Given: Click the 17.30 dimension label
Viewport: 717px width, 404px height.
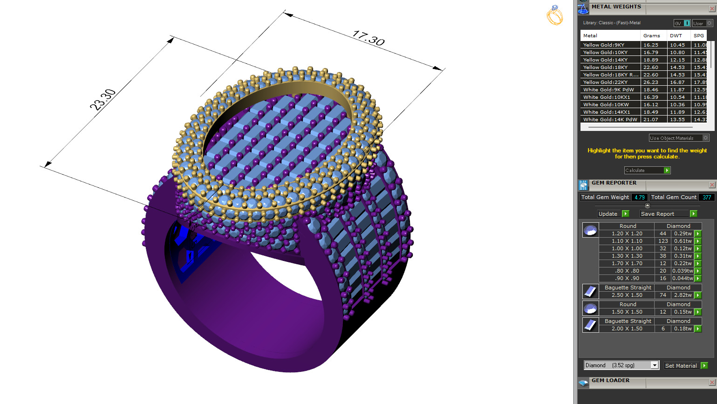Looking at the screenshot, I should [369, 38].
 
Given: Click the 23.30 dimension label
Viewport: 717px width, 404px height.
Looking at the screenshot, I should [102, 100].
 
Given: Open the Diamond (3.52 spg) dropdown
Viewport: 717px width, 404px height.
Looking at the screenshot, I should [621, 365].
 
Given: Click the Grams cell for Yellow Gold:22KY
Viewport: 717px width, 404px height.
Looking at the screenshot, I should [651, 82].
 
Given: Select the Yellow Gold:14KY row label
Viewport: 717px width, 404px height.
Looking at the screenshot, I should [605, 60].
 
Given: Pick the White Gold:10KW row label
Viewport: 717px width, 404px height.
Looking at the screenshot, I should [606, 104].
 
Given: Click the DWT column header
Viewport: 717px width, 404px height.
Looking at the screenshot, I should [676, 35].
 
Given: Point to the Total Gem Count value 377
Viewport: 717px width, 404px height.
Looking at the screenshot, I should [706, 197].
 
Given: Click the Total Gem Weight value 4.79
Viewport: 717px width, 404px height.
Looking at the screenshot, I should [639, 197].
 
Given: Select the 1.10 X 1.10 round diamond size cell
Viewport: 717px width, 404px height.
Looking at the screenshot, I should [627, 241].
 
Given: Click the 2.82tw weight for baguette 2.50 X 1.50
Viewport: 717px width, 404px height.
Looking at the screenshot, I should [683, 295].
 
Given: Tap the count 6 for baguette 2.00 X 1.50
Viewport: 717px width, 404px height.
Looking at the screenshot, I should [663, 329].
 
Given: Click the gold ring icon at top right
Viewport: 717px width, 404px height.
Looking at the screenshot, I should [554, 15].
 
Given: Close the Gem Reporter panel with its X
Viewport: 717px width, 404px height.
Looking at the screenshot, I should [711, 185].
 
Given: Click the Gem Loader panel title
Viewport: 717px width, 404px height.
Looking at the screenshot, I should [610, 381].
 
